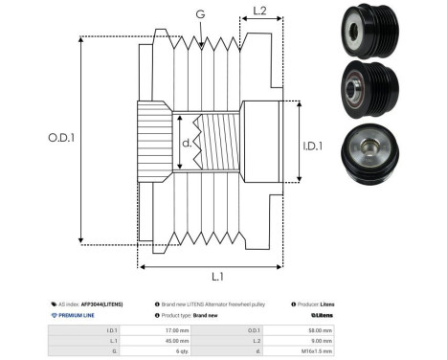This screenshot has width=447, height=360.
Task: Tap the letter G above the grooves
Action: pyautogui.click(x=199, y=14)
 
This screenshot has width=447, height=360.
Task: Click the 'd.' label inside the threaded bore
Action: pyautogui.click(x=187, y=146)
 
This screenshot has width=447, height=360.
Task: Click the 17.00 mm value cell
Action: pyautogui.click(x=169, y=329)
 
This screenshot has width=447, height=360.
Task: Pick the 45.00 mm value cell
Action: pyautogui.click(x=169, y=340)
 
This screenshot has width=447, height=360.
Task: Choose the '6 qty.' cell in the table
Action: pyautogui.click(x=169, y=350)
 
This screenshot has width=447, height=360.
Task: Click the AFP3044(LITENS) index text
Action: pyautogui.click(x=101, y=303)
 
